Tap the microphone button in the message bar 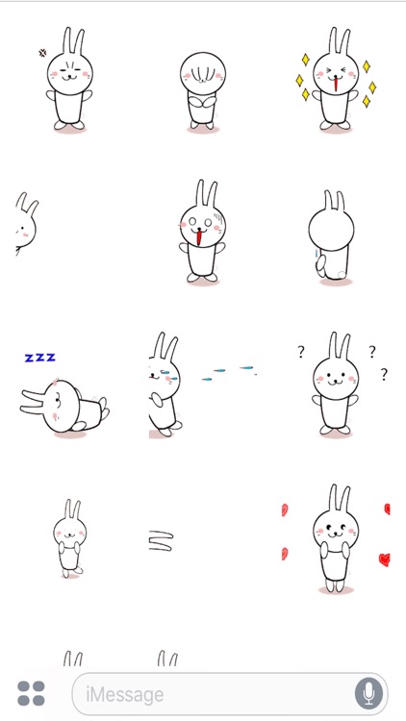pos(367,693)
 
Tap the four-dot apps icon pos(31,693)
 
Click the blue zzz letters pos(39,358)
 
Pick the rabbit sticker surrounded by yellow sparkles pos(336,83)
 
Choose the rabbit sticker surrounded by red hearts pos(336,539)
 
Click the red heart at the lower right pos(384,559)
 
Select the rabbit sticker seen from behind pos(331,236)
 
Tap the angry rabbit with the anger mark pos(68,82)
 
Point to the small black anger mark pos(42,53)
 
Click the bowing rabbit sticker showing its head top pos(202,88)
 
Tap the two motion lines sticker pos(161,542)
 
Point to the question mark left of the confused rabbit pos(300,353)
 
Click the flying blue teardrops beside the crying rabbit pos(229,373)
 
